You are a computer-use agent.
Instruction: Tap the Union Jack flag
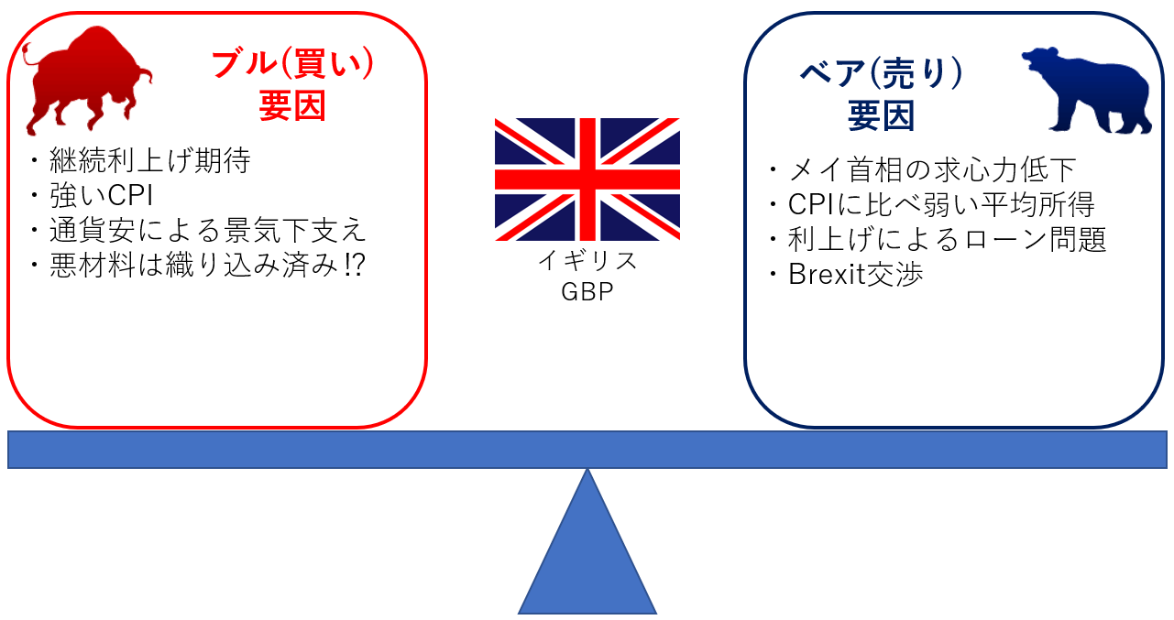[587, 179]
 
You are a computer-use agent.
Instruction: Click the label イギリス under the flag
[587, 261]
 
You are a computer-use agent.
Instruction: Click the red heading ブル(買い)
[293, 64]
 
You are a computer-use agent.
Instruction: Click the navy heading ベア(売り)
[882, 75]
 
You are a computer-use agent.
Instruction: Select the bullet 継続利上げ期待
[149, 161]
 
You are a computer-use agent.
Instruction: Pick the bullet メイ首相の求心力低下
[931, 169]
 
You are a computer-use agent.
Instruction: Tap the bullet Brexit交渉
[855, 275]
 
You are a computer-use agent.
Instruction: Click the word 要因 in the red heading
[292, 106]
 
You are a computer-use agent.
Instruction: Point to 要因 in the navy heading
[882, 116]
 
